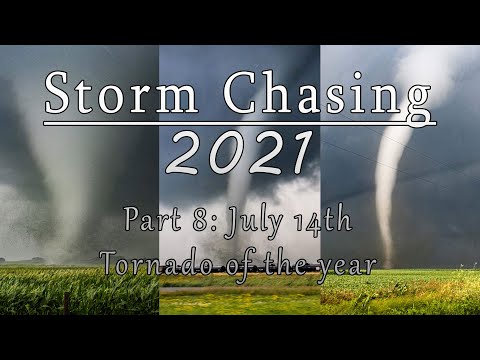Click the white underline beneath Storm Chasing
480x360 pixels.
point(240,124)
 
